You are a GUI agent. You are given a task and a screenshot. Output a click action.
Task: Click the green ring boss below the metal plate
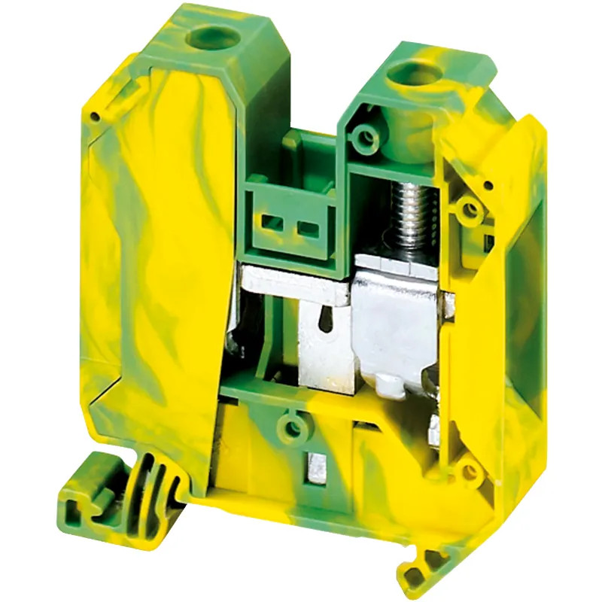(x=296, y=428)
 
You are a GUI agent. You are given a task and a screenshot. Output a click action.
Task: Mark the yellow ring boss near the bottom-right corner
(x=470, y=472)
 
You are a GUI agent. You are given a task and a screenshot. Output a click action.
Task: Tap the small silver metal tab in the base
(x=312, y=466)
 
